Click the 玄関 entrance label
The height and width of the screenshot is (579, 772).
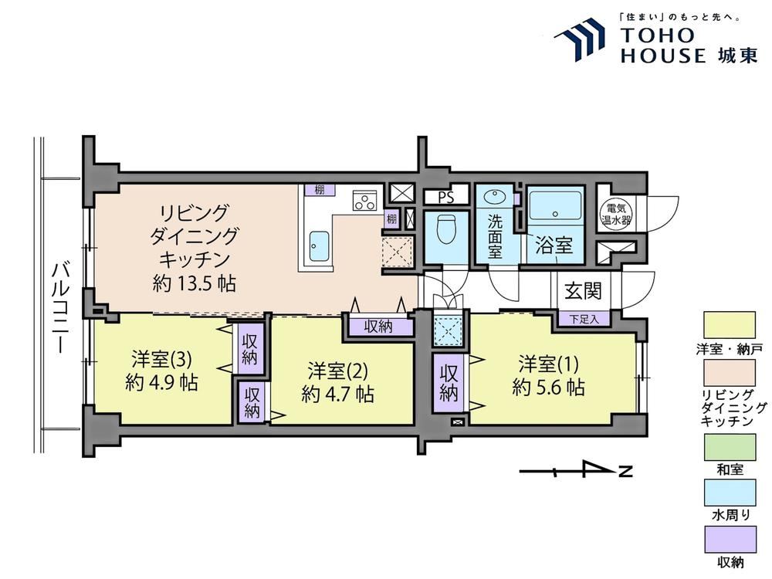(x=583, y=290)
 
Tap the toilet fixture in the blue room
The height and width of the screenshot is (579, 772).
(x=446, y=229)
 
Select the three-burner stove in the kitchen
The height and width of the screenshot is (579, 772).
(x=365, y=201)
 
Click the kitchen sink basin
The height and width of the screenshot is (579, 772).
(x=319, y=247)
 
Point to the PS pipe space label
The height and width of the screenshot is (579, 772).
(x=445, y=198)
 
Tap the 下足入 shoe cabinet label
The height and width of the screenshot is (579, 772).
(x=584, y=319)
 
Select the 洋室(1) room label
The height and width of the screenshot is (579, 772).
(x=548, y=364)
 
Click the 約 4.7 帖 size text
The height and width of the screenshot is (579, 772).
(x=338, y=394)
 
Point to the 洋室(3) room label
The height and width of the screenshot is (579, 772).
(x=161, y=360)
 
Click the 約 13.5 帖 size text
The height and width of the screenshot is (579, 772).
(x=194, y=283)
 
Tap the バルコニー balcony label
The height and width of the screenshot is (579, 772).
(x=60, y=308)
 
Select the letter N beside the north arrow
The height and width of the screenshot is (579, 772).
(x=625, y=471)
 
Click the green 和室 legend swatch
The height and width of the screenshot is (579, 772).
(x=730, y=447)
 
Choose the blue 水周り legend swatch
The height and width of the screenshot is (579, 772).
(x=730, y=493)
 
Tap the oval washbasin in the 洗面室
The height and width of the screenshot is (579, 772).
(x=495, y=198)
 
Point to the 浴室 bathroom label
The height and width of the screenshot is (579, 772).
(x=554, y=245)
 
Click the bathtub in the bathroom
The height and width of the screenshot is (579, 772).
(x=555, y=207)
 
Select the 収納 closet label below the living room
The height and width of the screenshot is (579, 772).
(x=378, y=327)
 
